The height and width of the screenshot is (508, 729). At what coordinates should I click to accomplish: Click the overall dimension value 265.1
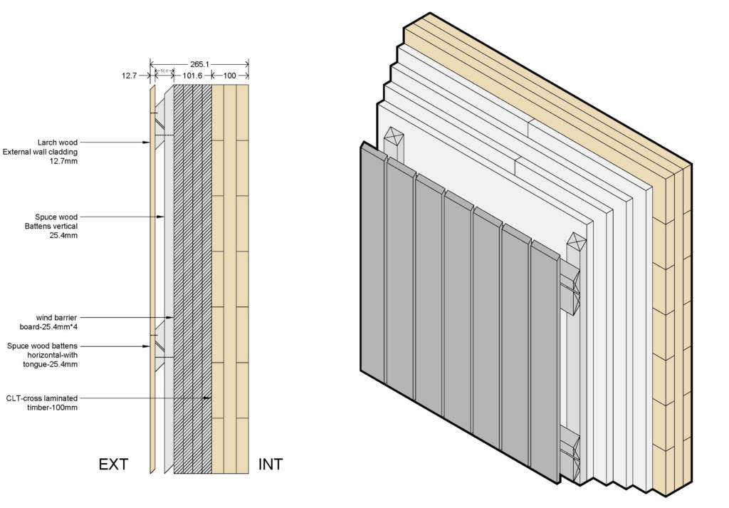[x=200, y=63]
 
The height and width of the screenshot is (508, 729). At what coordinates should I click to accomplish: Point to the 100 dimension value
[x=231, y=75]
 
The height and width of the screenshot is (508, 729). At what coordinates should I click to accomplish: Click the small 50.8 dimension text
[x=164, y=71]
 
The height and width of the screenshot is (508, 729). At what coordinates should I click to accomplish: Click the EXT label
[x=113, y=465]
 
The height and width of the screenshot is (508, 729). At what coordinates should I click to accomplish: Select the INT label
[x=271, y=465]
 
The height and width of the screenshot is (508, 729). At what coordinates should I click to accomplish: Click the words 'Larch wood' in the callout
[x=58, y=142]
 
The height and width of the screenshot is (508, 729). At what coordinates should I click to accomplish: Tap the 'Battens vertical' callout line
[x=53, y=227]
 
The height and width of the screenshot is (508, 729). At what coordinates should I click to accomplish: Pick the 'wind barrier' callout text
[x=57, y=318]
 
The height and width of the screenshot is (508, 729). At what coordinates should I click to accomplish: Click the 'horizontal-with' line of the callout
[x=50, y=355]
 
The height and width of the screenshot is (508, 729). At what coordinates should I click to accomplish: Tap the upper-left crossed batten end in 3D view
[x=394, y=137]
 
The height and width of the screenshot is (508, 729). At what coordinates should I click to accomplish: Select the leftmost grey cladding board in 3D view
[x=373, y=264]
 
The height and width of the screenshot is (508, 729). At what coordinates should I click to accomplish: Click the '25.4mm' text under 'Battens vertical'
[x=63, y=236]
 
